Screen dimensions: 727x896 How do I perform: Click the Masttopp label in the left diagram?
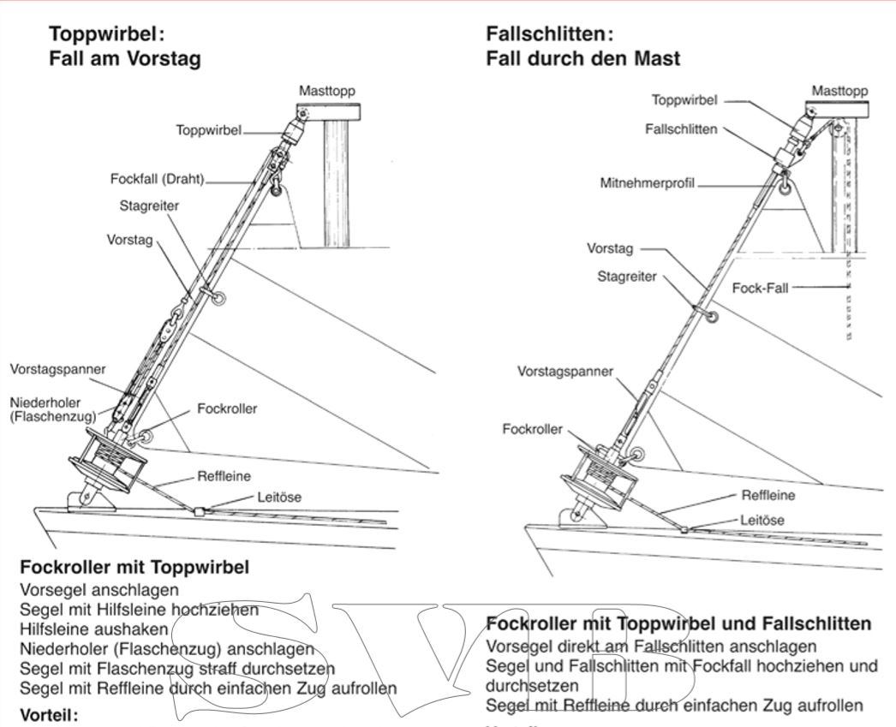point(326,90)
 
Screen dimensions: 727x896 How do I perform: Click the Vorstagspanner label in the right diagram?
point(564,372)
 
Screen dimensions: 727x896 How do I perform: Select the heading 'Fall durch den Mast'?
point(582,59)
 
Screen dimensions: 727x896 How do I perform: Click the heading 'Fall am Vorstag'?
point(125,59)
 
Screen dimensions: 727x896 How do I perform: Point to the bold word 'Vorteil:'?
point(50,712)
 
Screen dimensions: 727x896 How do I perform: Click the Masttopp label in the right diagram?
point(839,90)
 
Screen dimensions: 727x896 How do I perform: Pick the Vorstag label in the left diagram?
point(131,241)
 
